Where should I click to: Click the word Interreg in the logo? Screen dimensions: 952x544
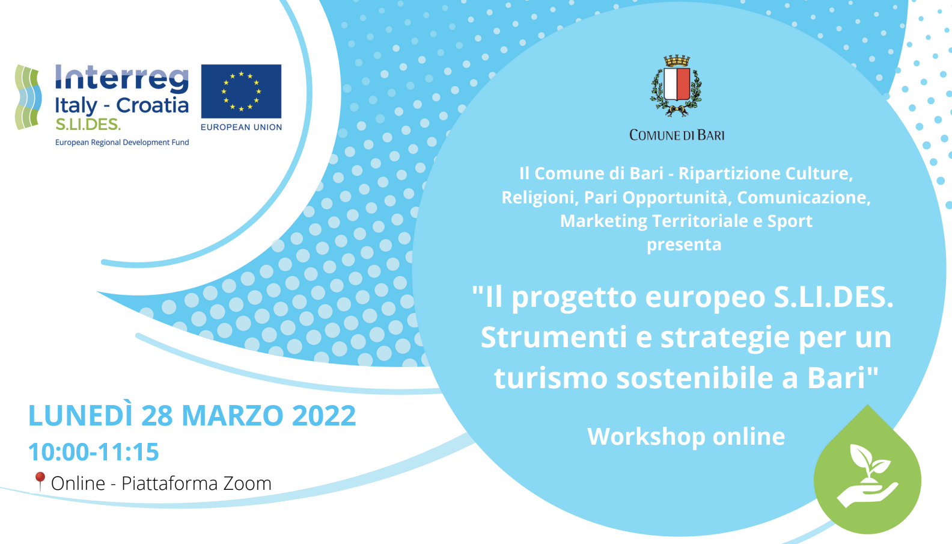click(x=121, y=79)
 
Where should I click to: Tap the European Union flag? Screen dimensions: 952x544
click(x=241, y=91)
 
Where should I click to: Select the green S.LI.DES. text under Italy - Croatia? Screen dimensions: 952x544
click(x=88, y=125)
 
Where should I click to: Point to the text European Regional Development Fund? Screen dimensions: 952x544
click(x=122, y=143)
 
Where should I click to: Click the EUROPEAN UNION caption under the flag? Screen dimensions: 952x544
click(x=241, y=127)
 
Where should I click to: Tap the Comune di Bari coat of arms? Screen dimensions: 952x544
click(x=676, y=85)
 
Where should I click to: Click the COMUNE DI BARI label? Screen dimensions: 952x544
click(x=677, y=135)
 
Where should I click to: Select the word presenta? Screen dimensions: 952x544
click(x=684, y=245)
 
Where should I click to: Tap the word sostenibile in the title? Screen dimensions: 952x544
click(x=694, y=377)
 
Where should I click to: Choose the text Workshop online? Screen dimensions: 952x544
click(x=686, y=436)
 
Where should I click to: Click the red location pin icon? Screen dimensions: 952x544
click(x=40, y=481)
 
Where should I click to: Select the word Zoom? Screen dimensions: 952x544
click(x=248, y=484)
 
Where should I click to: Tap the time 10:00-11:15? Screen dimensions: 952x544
click(x=94, y=452)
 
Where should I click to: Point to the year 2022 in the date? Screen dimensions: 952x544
click(x=324, y=415)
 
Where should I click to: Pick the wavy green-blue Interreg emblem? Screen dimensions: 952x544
click(x=28, y=97)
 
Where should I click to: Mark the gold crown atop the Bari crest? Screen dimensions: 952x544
click(x=677, y=61)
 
